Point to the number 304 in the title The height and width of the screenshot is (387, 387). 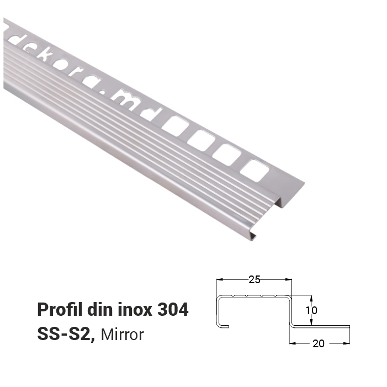click(173, 310)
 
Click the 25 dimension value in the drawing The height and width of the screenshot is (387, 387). click(255, 279)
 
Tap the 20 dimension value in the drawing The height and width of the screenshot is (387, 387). click(319, 343)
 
